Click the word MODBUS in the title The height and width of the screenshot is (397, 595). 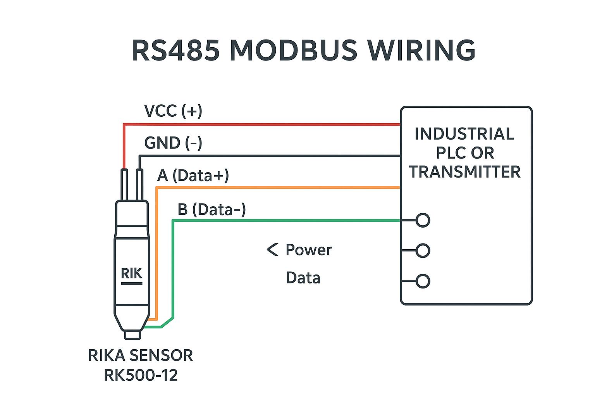pos(293,50)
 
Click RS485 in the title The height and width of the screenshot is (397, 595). pos(176,50)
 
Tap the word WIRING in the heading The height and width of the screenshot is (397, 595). pos(421,50)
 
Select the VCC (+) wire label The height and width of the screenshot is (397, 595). pos(173,111)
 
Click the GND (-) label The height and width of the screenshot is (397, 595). pos(173,143)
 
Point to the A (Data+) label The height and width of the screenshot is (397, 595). pos(193,175)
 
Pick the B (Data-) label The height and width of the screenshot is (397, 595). pos(212,209)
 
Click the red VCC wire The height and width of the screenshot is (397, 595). pos(263,124)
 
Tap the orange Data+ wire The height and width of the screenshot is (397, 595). pos(279,188)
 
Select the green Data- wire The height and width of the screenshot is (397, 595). pos(287,221)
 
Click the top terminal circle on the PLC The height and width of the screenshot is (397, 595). pos(423,220)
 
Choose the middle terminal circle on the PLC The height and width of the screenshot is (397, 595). pos(423,250)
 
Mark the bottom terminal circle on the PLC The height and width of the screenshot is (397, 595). pos(423,281)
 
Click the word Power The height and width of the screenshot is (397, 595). pos(308,250)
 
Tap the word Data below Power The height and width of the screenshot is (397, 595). pos(303,278)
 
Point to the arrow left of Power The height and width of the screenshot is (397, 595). pos(272,250)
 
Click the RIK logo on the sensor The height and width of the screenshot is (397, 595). pos(131,274)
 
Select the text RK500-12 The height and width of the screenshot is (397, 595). pos(141,375)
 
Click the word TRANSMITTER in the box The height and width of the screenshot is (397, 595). pos(465,172)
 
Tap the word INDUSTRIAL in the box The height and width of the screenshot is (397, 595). pos(464,134)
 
